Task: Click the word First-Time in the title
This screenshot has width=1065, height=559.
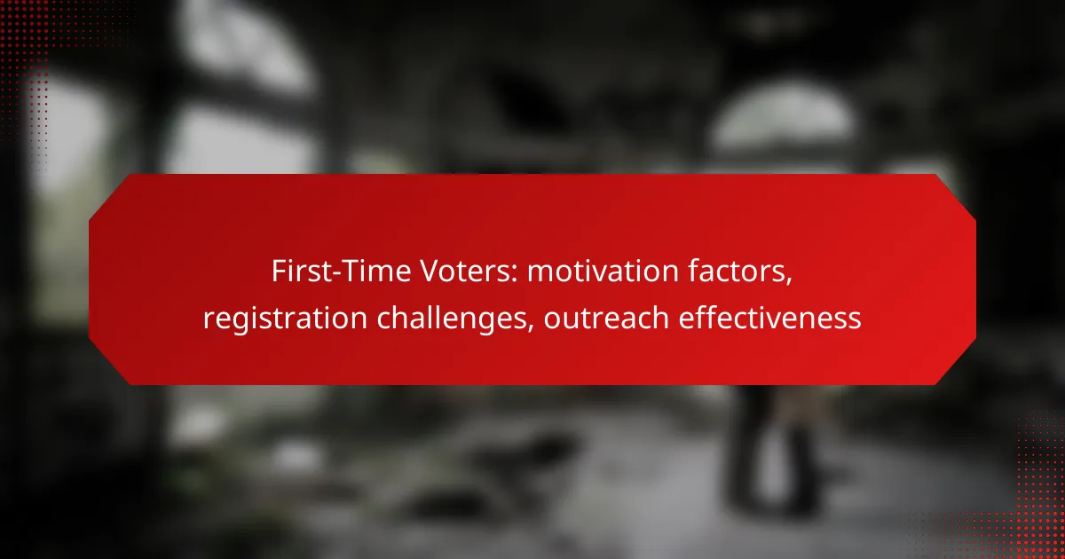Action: [341, 271]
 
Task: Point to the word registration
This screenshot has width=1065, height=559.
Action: [285, 318]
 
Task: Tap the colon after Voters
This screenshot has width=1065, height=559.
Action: [515, 274]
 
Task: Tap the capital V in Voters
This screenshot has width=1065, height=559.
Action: [430, 271]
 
